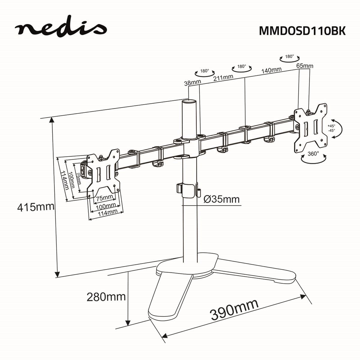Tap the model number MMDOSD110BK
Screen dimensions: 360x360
(302, 31)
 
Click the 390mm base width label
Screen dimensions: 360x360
(234, 310)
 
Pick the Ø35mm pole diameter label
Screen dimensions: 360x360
(221, 199)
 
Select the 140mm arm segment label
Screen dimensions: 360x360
(271, 70)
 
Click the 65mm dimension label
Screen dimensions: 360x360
(304, 66)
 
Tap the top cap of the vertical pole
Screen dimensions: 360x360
(190, 102)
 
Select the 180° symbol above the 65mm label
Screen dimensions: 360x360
(289, 58)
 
